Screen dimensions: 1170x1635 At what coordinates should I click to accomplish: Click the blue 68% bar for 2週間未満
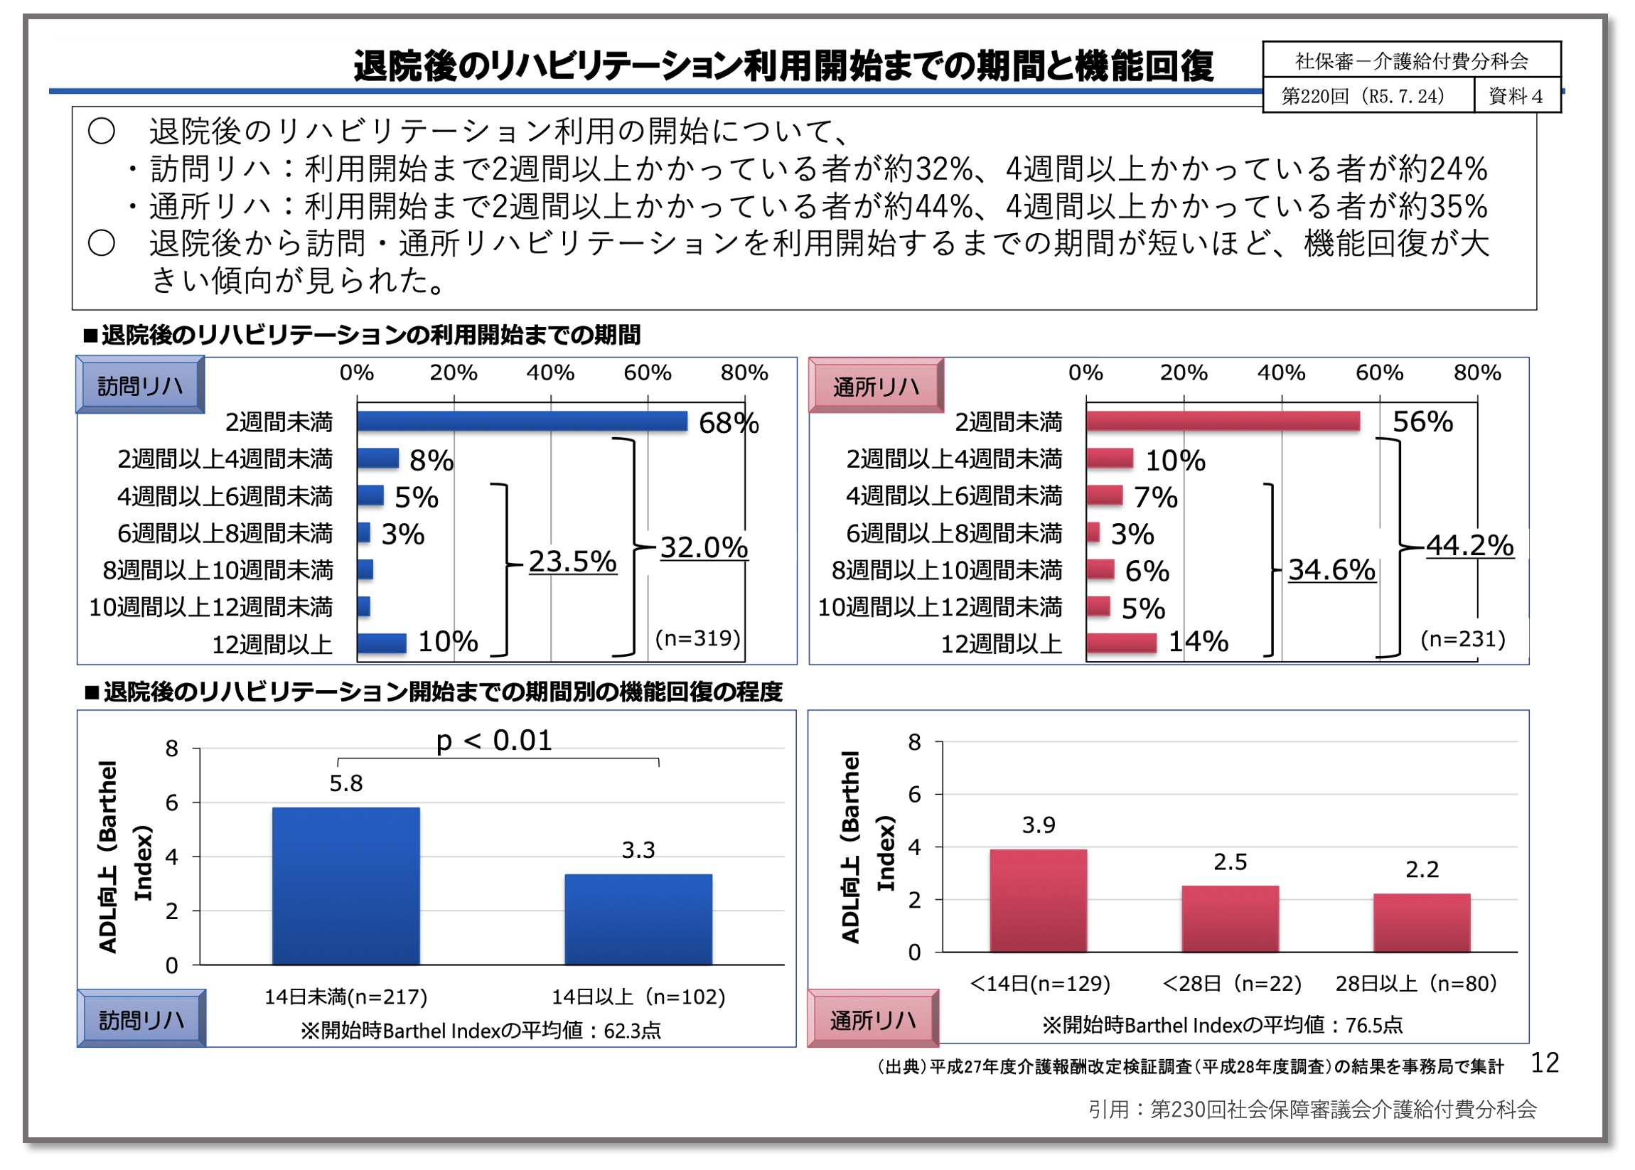(x=521, y=421)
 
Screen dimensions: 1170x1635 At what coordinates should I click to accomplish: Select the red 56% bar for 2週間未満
(x=1222, y=421)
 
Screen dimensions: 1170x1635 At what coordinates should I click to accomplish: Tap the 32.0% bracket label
(x=703, y=547)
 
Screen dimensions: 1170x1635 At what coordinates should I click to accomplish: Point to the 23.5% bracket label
(x=572, y=562)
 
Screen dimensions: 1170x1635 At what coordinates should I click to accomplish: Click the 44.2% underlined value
(x=1469, y=545)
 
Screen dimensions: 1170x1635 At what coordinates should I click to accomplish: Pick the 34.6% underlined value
(x=1331, y=570)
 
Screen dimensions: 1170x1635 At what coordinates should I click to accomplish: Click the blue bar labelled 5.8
(x=346, y=886)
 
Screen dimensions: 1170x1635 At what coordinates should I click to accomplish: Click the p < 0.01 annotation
(x=493, y=741)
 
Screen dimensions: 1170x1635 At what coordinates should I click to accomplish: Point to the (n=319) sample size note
(x=697, y=638)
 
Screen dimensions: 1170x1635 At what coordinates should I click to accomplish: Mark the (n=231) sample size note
(x=1462, y=639)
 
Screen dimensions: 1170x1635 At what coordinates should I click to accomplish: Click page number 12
(x=1544, y=1063)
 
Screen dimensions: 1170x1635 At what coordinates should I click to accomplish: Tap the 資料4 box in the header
(x=1516, y=97)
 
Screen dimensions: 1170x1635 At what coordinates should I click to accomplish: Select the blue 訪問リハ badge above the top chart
(x=140, y=386)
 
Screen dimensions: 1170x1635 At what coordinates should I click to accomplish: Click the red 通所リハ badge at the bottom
(x=873, y=1019)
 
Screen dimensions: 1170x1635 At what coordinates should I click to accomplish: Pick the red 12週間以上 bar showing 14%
(x=1120, y=643)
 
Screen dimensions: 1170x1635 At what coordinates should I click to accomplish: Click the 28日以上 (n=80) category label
(x=1416, y=983)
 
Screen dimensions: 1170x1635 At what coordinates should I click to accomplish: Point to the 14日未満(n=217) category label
(x=346, y=997)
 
